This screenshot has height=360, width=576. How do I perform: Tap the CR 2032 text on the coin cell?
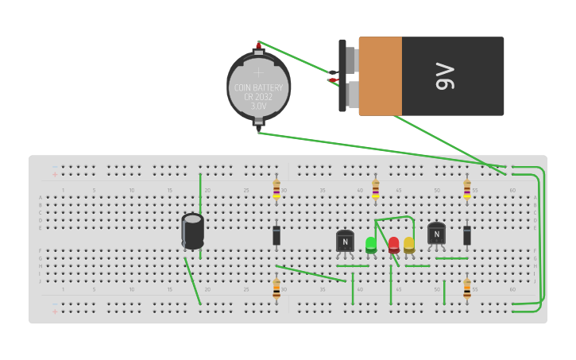258,96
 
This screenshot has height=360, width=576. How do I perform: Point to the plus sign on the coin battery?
258,72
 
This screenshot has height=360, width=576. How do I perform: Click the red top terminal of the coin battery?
258,47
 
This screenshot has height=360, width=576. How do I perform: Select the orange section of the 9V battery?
380,76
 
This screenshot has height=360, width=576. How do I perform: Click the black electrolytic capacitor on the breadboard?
192,230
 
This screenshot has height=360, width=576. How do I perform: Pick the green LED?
371,245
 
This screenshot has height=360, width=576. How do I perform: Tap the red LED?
394,245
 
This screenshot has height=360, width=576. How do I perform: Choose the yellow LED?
409,245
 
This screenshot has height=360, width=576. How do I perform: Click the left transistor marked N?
345,241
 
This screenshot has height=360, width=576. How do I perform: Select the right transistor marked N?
436,233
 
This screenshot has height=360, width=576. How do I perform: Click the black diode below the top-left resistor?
276,235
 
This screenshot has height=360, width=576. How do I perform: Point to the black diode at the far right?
467,235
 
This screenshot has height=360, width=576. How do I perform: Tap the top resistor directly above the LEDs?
375,189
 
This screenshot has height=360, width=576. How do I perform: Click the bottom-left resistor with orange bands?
276,288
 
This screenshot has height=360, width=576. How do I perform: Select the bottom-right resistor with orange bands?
467,288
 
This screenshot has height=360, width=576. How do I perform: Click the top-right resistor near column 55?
467,189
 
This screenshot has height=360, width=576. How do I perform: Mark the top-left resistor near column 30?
276,189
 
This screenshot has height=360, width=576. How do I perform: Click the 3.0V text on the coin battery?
258,106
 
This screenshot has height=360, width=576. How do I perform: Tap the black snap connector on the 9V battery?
343,76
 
